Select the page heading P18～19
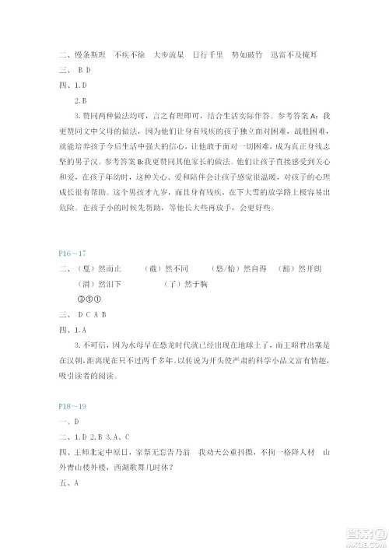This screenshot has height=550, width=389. [x=74, y=406]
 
